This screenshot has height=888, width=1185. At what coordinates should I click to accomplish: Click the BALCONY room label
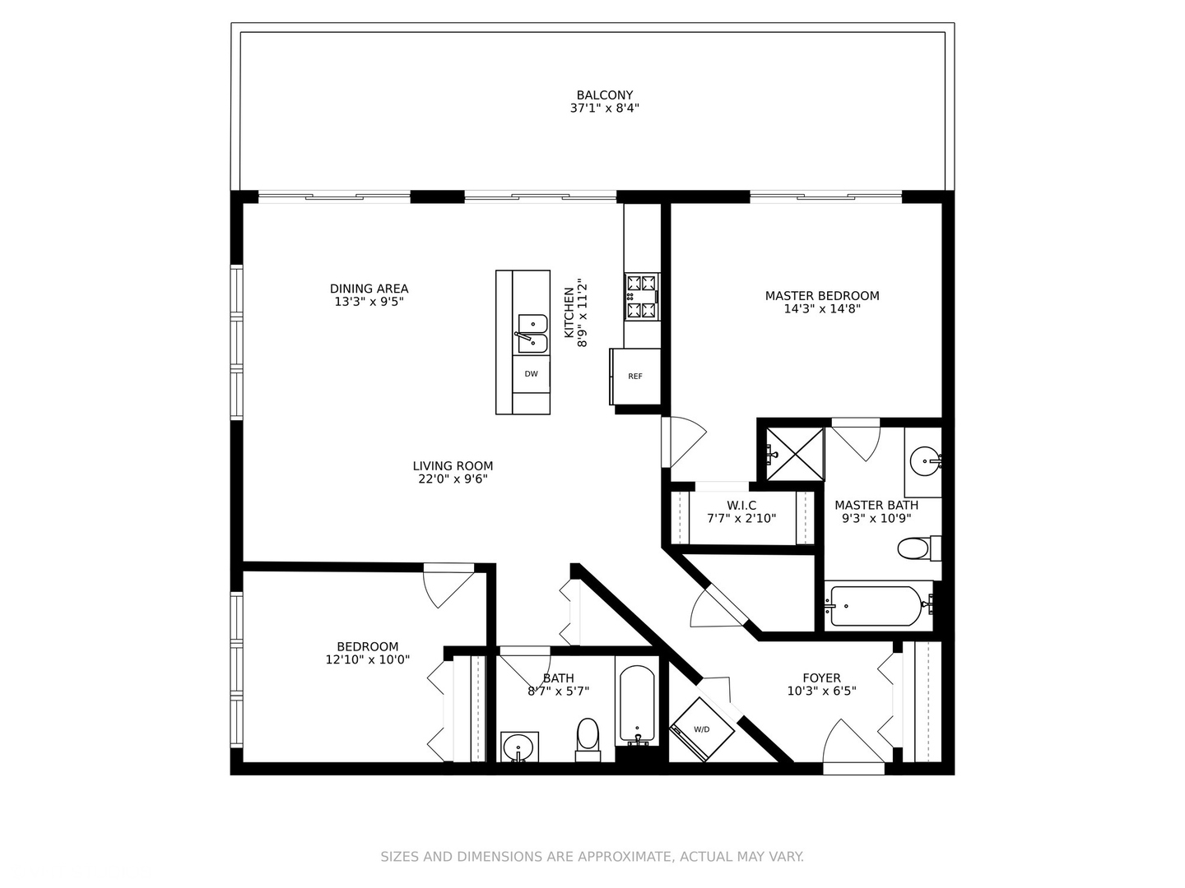coord(604,95)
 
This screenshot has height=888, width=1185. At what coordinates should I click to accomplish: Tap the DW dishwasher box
coord(532,374)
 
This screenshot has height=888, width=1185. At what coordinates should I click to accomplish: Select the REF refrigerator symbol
coord(635,377)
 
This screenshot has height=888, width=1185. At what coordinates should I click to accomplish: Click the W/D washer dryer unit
coord(701,729)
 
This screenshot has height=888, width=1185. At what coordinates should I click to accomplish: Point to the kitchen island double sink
coord(532,334)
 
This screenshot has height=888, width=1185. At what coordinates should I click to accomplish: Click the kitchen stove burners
coord(642,297)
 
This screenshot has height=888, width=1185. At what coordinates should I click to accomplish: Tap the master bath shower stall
coord(794,453)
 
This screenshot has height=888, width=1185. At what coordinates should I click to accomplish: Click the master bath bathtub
coord(876,606)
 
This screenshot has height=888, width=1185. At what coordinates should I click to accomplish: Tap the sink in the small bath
coord(518,748)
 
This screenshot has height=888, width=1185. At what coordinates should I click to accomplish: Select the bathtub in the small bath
coord(636,705)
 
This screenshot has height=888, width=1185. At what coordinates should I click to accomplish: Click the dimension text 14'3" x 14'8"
coord(822,309)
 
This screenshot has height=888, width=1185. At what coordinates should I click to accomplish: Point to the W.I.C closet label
coord(741,505)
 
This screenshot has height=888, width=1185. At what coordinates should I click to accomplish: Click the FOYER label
coord(821,678)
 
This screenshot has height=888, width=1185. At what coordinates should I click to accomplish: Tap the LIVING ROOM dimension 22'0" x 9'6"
coord(453,479)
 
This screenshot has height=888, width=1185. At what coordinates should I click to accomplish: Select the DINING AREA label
coord(369,289)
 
